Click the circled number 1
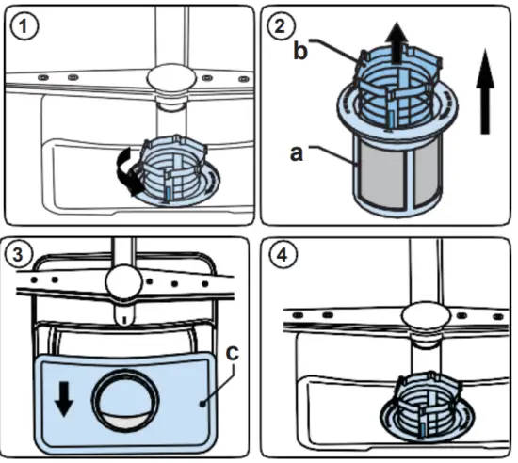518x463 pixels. pos(24,26)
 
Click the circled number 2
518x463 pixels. pos(280,25)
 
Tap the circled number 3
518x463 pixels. pos(18,255)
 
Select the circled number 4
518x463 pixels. pos(282,255)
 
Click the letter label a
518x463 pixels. pos(296,153)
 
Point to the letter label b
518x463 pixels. pos(300,51)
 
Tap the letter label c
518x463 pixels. pos(232,353)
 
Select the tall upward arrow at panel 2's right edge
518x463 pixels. pos(485,91)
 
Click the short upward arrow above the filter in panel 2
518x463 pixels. pos(397,42)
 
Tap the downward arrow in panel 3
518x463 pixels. pos(64,399)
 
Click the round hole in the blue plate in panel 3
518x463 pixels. pos(125,400)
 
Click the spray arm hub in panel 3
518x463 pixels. pos(123,282)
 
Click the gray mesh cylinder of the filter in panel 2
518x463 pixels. pos(399,177)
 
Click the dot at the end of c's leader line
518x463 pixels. pos(202,404)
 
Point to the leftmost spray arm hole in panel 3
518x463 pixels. pos(34,280)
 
